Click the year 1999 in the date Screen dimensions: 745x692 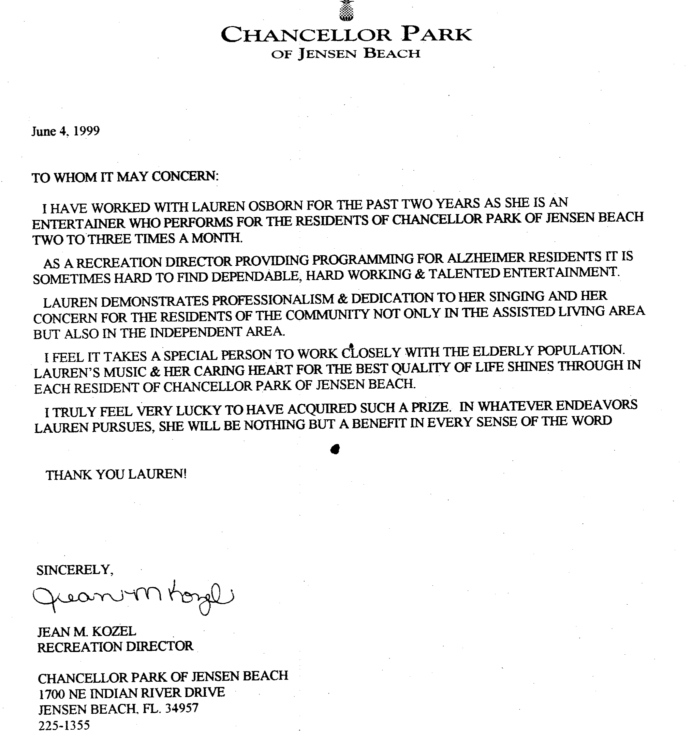pyautogui.click(x=86, y=131)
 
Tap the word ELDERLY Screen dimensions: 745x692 pyautogui.click(x=503, y=351)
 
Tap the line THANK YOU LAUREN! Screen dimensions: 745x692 pyautogui.click(x=116, y=474)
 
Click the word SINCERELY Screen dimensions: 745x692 pyautogui.click(x=74, y=570)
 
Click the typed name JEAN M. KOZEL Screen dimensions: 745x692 pyautogui.click(x=86, y=632)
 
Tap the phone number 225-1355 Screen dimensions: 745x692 pyautogui.click(x=64, y=725)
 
